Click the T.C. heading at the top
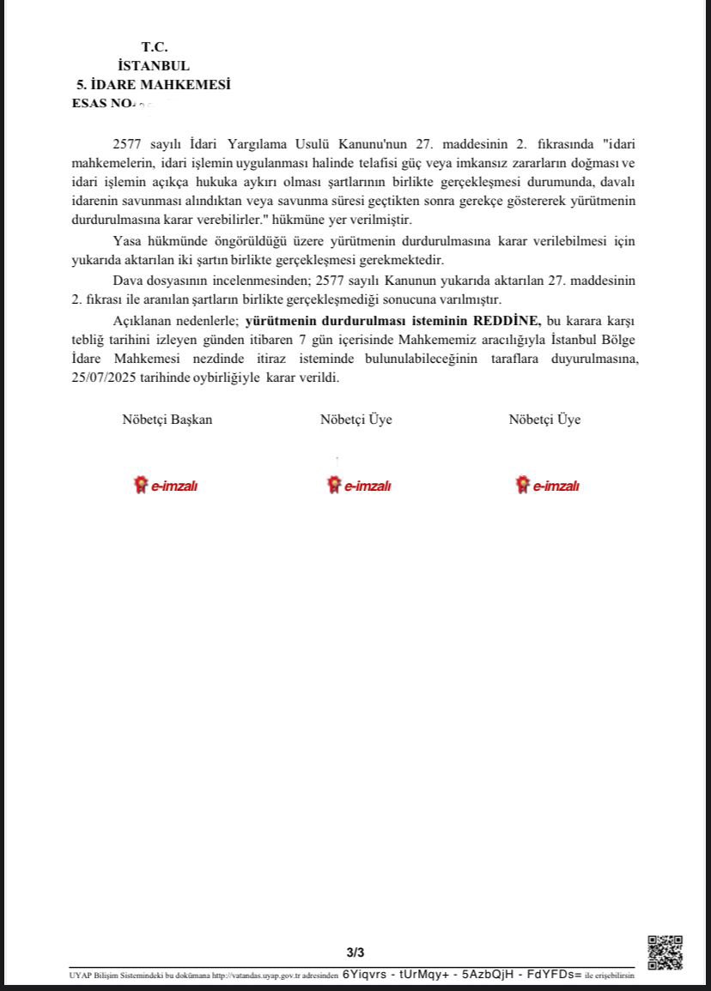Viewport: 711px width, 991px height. (x=155, y=47)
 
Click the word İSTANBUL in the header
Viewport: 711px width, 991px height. (x=155, y=66)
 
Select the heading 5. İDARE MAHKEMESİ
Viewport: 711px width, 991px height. (x=154, y=85)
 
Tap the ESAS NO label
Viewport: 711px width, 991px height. (x=102, y=103)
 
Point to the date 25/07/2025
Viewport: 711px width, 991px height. (x=104, y=378)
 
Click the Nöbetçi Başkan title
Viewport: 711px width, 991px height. (x=167, y=420)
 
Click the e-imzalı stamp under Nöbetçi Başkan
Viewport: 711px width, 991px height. (x=167, y=486)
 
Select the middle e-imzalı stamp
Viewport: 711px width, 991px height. (x=359, y=486)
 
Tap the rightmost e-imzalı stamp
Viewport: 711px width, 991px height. (x=547, y=486)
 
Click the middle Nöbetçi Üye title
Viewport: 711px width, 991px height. (x=356, y=420)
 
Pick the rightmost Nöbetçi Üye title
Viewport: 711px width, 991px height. (x=544, y=420)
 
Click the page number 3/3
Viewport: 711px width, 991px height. (x=355, y=952)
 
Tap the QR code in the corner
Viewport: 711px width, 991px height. (x=665, y=952)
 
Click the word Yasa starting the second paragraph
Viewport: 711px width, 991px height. (x=126, y=241)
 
